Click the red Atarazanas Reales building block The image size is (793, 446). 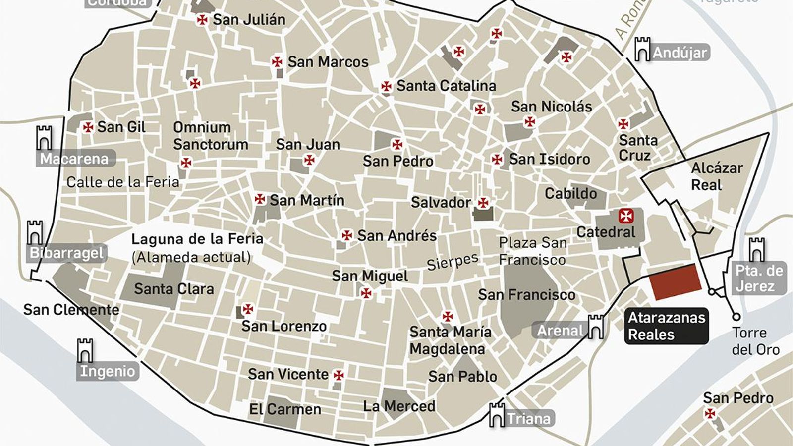pyautogui.click(x=676, y=282)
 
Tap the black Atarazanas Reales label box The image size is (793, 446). pyautogui.click(x=666, y=326)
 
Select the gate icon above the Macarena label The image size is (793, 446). pyautogui.click(x=44, y=138)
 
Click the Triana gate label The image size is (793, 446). pyautogui.click(x=528, y=419)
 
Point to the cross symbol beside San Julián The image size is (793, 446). pyautogui.click(x=202, y=20)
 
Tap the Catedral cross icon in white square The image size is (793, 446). pyautogui.click(x=623, y=216)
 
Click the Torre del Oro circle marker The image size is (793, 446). pyautogui.click(x=736, y=317)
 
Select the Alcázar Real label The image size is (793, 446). pyautogui.click(x=717, y=176)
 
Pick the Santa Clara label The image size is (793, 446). pyautogui.click(x=174, y=289)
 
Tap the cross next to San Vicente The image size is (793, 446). pyautogui.click(x=339, y=375)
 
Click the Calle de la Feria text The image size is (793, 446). pyautogui.click(x=123, y=182)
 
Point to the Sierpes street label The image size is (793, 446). pyautogui.click(x=453, y=261)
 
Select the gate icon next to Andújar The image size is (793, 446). pyautogui.click(x=642, y=49)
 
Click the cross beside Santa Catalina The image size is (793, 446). pyautogui.click(x=386, y=87)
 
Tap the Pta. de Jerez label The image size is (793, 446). pyautogui.click(x=759, y=279)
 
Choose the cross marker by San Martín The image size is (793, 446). pyautogui.click(x=260, y=199)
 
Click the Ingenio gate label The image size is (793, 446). pyautogui.click(x=108, y=371)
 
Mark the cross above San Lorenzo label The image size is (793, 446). pyautogui.click(x=248, y=309)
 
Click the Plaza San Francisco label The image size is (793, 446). pyautogui.click(x=532, y=251)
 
